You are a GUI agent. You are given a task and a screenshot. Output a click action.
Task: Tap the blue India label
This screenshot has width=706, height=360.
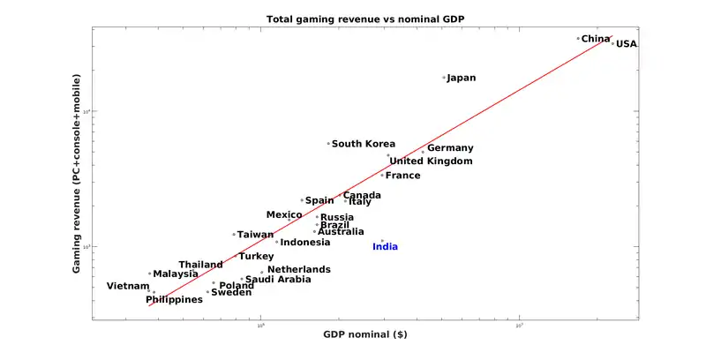[385, 247]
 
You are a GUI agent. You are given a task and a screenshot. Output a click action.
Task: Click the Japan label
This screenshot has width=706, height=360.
[462, 78]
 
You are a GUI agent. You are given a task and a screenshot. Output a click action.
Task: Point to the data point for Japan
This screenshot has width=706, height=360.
[444, 78]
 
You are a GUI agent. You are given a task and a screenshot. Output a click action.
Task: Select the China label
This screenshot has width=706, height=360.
[595, 39]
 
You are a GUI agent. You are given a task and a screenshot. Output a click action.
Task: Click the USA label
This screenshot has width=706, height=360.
[627, 44]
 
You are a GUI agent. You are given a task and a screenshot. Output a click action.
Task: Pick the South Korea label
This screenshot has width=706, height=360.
[364, 144]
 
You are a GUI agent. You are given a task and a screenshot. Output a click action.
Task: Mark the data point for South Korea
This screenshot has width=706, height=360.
[328, 144]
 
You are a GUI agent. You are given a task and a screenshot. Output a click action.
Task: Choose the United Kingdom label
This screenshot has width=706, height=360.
[432, 161]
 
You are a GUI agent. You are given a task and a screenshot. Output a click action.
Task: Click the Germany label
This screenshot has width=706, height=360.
[450, 148]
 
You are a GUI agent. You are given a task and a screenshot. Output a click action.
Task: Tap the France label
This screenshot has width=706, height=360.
[403, 176]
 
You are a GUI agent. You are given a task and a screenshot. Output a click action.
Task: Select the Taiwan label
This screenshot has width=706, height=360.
[255, 235]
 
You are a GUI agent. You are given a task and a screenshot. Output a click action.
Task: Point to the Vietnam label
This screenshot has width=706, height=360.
[128, 286]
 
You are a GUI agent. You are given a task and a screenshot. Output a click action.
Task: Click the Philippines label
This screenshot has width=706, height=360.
[174, 300]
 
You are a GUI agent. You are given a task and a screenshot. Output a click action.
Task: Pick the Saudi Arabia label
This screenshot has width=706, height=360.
[278, 280]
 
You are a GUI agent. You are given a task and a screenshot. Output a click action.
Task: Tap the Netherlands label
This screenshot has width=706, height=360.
[299, 270]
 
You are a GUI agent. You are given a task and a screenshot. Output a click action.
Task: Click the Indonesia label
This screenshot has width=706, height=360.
[305, 243]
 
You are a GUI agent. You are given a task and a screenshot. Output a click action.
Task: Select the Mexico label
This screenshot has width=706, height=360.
[284, 215]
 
